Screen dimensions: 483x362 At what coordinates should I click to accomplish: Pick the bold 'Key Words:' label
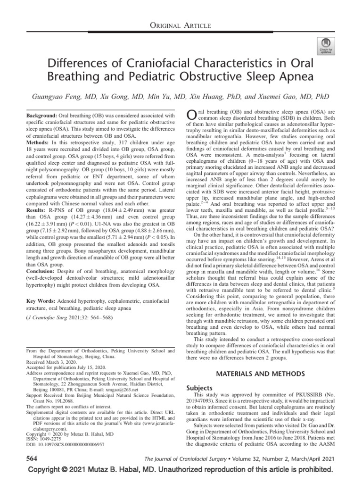[40, 300]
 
